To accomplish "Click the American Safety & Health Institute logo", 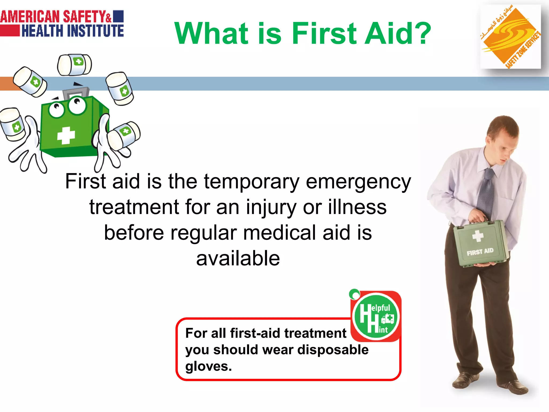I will [62, 24].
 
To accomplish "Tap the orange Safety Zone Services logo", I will [510, 36].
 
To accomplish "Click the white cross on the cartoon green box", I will [66, 135].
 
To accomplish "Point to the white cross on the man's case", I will [478, 236].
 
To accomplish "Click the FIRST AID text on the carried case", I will [480, 252].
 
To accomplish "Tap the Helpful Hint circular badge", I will [376, 317].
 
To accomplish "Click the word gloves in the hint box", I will [208, 366].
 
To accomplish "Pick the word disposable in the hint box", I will [333, 350].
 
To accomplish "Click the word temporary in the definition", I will [251, 182].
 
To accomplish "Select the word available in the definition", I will [238, 258].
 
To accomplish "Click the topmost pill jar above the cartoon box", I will [75, 65].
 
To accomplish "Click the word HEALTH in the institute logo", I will [42, 31].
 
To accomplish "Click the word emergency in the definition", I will [358, 182].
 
